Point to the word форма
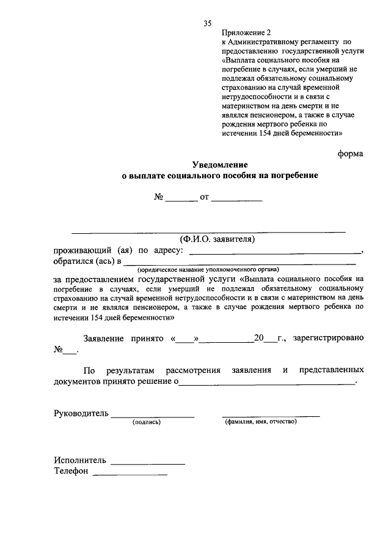(351, 153)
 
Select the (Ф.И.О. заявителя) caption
(217, 239)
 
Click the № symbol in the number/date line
(158, 198)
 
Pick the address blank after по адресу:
(276, 253)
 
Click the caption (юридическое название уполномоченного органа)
(208, 269)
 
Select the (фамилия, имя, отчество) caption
(260, 422)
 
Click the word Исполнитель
(80, 460)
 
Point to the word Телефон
(71, 471)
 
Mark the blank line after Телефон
(130, 474)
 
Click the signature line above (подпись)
(153, 416)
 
